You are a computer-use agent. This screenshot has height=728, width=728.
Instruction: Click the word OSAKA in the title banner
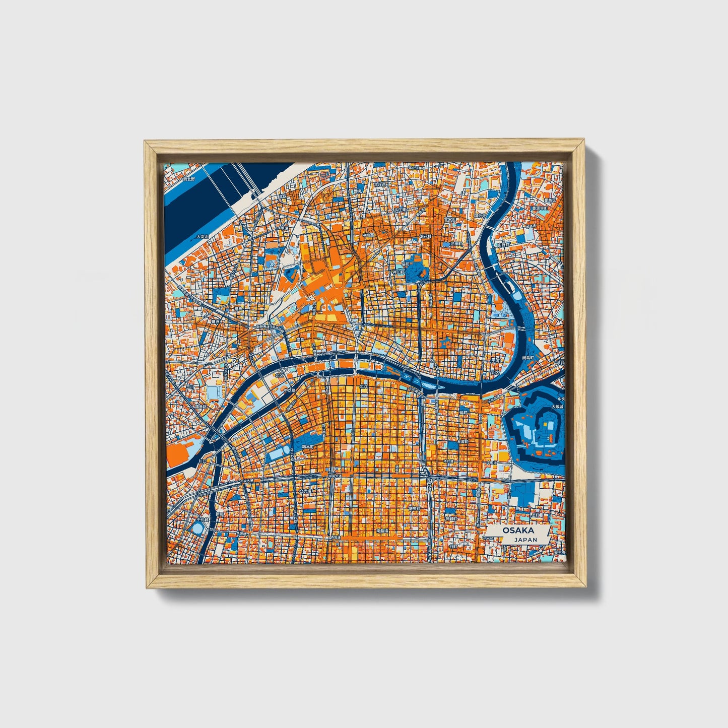[517, 531]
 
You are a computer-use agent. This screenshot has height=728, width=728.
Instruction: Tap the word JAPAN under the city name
[525, 540]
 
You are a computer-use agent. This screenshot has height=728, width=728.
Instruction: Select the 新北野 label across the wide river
[188, 179]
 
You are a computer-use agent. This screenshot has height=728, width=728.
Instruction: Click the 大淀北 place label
[202, 236]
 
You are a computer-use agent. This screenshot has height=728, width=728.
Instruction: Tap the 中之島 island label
[289, 390]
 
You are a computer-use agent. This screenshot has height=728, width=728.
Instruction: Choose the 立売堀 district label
[306, 490]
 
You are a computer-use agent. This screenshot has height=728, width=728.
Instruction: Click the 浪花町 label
[427, 235]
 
